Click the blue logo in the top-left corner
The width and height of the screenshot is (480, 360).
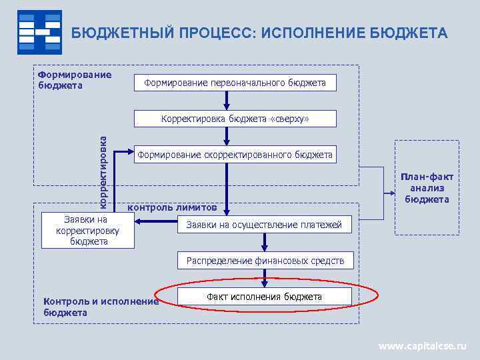39,32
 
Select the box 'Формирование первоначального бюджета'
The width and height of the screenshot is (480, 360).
235,83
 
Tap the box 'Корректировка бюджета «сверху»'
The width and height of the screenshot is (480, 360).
235,119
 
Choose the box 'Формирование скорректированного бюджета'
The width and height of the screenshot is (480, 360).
235,155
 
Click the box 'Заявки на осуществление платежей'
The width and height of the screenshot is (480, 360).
264,225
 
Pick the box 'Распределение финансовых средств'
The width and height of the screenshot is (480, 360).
265,261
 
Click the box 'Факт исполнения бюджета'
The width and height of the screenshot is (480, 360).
264,297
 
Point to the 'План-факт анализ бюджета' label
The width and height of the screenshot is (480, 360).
427,188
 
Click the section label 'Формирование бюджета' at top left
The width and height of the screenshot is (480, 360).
74,79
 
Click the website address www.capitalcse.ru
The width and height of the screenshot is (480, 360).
423,346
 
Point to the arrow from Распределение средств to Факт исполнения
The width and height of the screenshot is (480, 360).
265,278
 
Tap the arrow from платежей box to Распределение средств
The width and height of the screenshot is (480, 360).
265,243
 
